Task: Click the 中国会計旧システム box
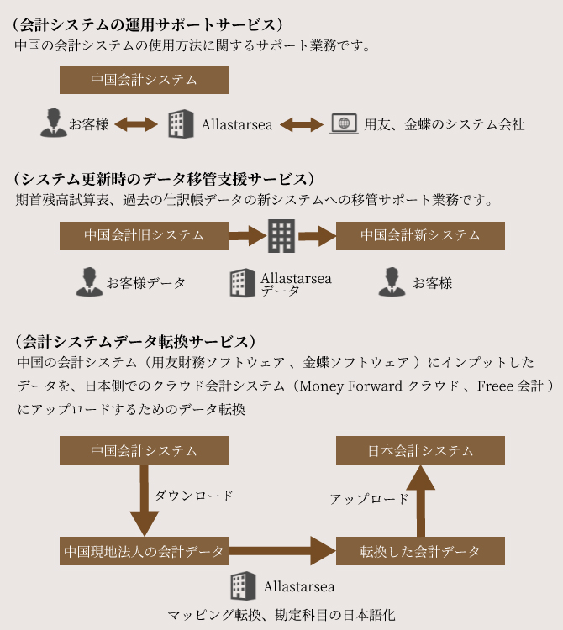pos(144,236)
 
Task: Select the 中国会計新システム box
pos(420,236)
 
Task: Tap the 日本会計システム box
pos(420,450)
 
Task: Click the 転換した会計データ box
pos(420,551)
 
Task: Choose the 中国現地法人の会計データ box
pos(144,551)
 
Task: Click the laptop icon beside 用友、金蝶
pos(344,123)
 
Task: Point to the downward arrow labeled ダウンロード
pos(145,501)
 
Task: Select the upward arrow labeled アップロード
pos(420,501)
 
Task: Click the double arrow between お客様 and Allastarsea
pos(136,124)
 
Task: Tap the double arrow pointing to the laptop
pos(302,124)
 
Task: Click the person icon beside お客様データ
pos(89,282)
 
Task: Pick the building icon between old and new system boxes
pos(281,236)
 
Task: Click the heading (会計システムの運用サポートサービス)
pos(147,25)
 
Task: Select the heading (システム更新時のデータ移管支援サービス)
pos(164,179)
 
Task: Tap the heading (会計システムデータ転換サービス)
pos(135,342)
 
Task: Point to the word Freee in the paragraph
pos(494,386)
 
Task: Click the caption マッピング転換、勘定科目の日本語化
pos(281,615)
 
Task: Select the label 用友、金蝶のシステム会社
pos(445,124)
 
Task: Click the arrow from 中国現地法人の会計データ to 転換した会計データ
pos(282,551)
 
